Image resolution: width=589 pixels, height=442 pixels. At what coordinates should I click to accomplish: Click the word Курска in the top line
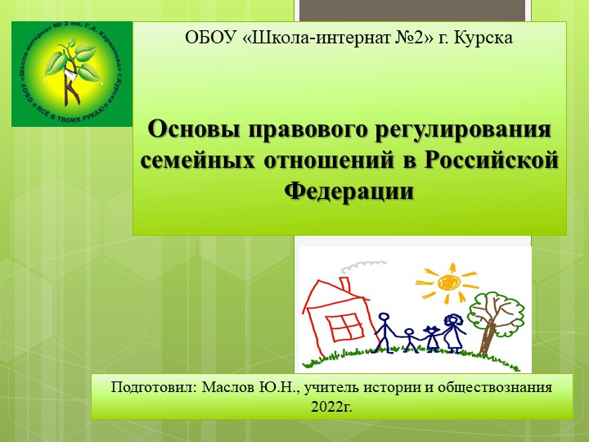point(485,38)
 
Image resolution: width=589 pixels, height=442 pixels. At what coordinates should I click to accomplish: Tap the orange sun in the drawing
point(448,281)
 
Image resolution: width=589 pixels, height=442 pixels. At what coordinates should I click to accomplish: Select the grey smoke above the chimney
point(353,267)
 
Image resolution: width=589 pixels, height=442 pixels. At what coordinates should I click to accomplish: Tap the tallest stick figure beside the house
point(385,325)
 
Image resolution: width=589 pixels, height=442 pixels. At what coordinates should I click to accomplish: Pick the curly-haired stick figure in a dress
point(452,327)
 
